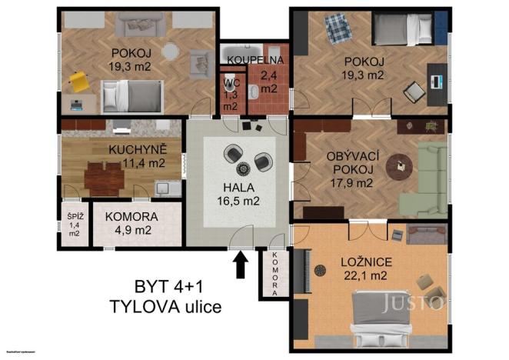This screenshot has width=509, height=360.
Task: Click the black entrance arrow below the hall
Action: (240, 266)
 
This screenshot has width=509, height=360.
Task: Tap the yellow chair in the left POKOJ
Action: (78, 79)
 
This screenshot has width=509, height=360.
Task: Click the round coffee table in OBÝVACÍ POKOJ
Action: (399, 165)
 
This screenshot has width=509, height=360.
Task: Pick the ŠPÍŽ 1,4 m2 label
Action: (74, 224)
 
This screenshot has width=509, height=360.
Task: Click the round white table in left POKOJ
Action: (171, 55)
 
